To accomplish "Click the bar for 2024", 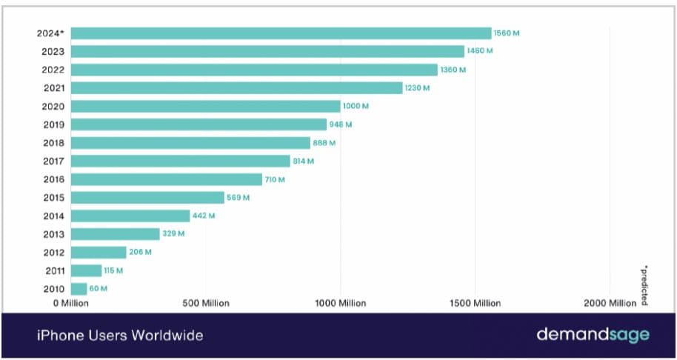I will coord(281,33).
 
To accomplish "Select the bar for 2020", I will coord(206,106).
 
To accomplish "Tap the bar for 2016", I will coord(167,179).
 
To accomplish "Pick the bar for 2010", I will coord(79,289).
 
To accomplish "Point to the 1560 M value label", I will coord(507,33).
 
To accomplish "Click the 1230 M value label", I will coord(417,88).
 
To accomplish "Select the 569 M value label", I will coord(238,198).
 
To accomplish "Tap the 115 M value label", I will coord(113,270).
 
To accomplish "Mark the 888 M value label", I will coord(324,142).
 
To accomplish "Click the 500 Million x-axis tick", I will coord(205,303).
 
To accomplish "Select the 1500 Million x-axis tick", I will coord(475,303).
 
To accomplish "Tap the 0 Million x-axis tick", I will coord(71,303).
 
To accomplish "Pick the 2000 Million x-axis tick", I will coord(610,303).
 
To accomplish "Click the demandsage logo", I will coord(593,335).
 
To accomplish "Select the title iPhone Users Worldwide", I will coord(120,336).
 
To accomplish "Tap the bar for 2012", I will coord(99,253).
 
